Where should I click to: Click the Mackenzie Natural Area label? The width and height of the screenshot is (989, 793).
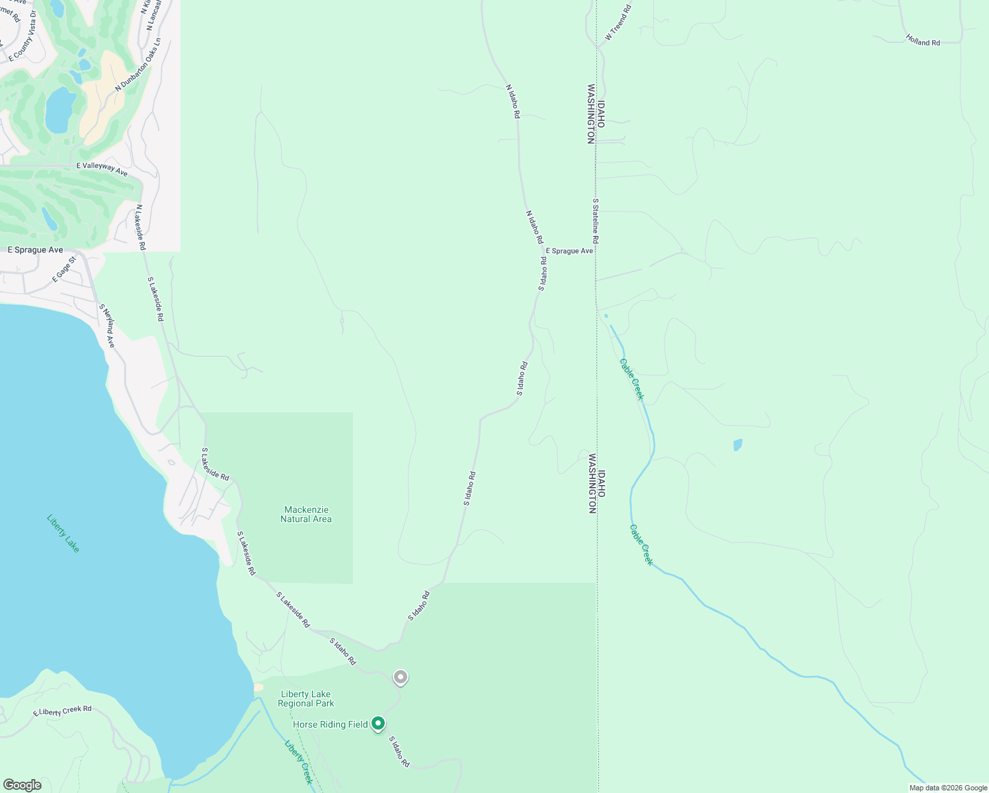(305, 514)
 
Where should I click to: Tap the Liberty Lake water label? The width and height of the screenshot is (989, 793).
(63, 533)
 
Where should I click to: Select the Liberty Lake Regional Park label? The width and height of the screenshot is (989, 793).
(305, 699)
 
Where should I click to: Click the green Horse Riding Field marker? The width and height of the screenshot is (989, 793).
(377, 724)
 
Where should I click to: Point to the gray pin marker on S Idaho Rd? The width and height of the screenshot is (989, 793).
(400, 677)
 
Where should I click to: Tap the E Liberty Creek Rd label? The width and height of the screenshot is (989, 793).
(63, 711)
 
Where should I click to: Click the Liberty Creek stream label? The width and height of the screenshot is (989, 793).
(299, 761)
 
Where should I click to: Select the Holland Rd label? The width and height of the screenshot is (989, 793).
(923, 41)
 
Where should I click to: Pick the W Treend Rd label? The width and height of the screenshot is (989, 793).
(618, 22)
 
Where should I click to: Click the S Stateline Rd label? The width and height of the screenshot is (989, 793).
(595, 221)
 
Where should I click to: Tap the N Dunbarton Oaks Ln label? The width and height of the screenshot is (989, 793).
(138, 65)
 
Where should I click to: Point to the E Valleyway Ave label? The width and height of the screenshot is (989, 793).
(102, 169)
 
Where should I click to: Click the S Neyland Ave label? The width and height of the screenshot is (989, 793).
(107, 326)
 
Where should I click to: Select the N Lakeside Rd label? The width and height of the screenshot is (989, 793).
(141, 227)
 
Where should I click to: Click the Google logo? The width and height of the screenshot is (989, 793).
(22, 785)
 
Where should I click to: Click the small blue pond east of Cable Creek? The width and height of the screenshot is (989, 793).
(738, 445)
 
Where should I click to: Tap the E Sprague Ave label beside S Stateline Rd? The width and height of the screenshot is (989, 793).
(569, 251)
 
